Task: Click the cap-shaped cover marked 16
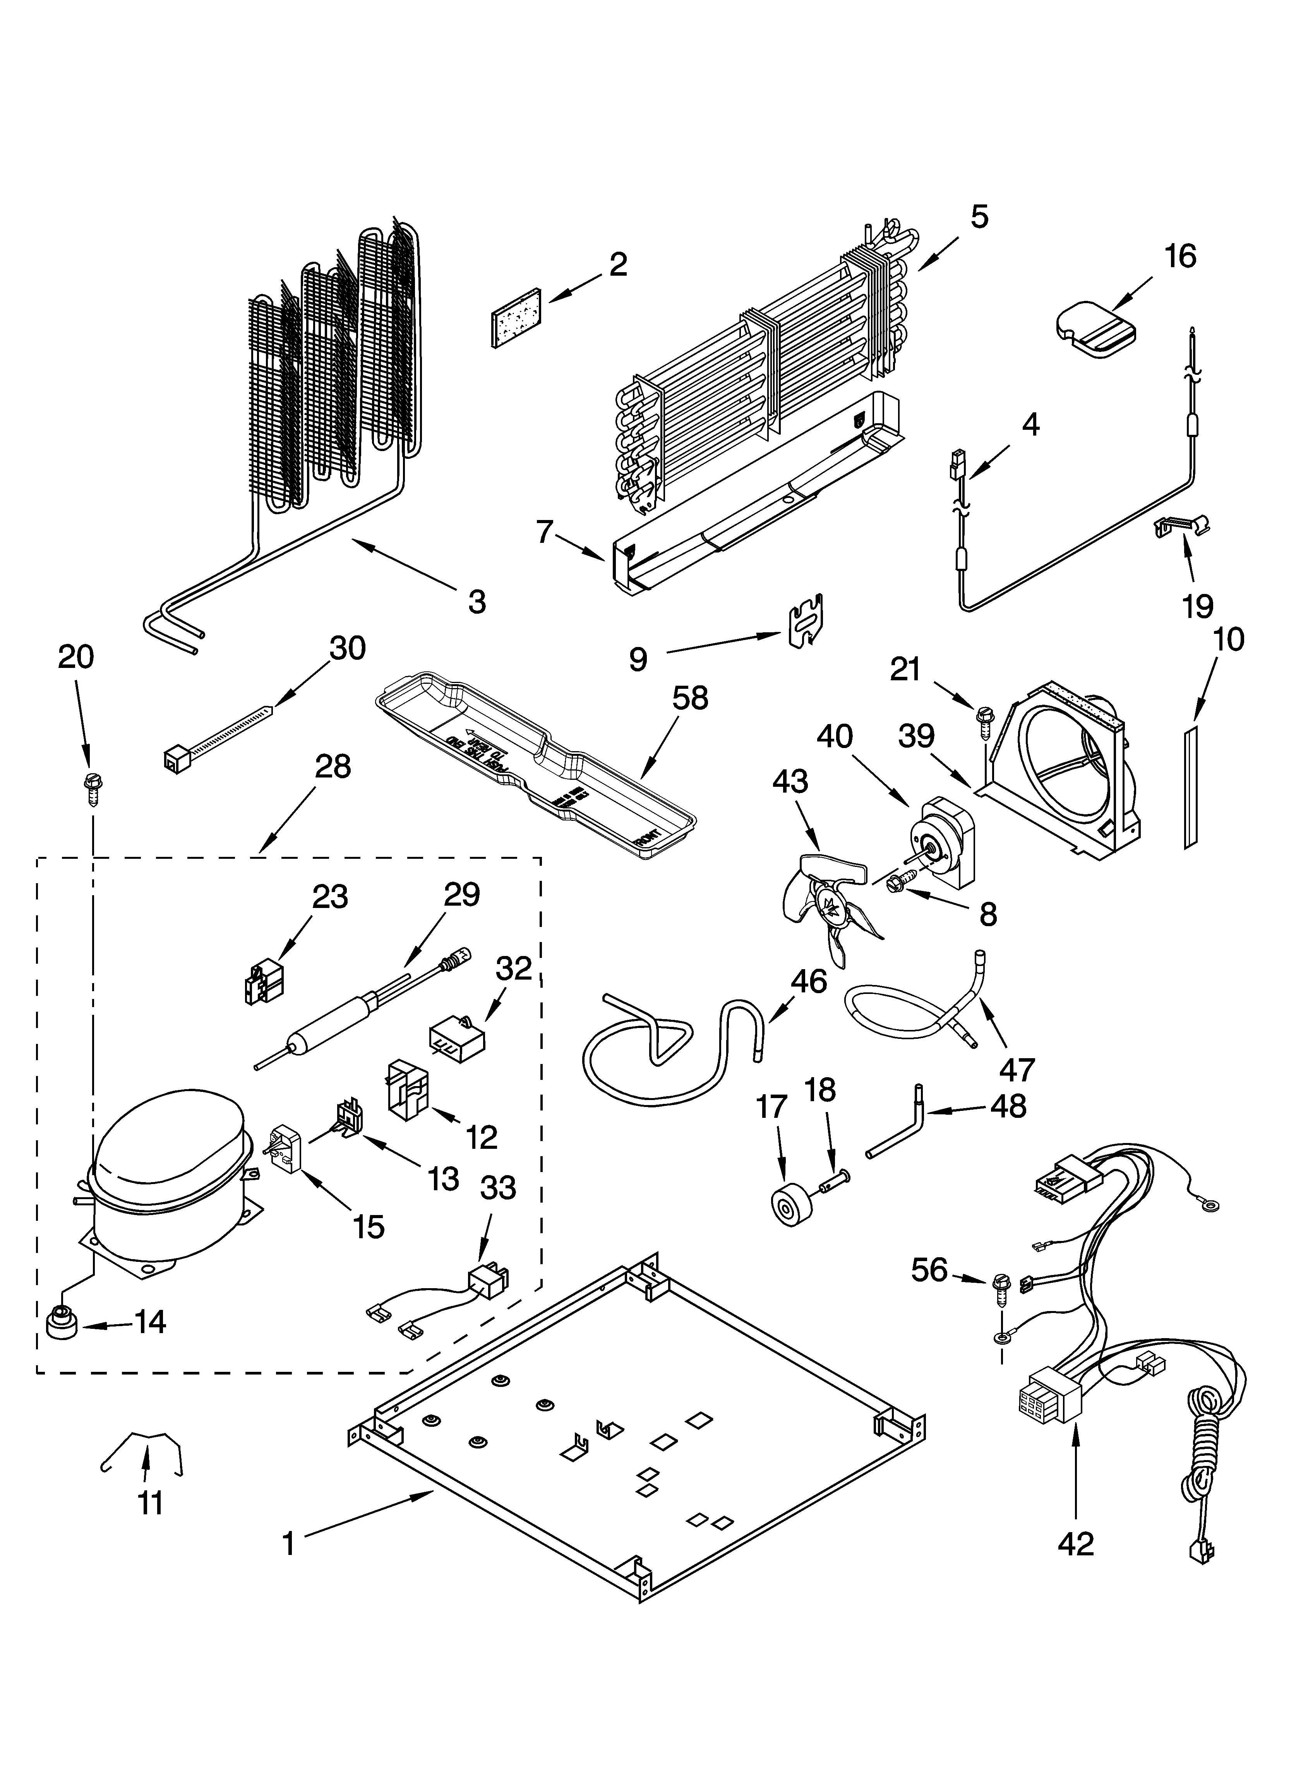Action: point(1095,324)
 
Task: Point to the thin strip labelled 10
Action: point(1190,788)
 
